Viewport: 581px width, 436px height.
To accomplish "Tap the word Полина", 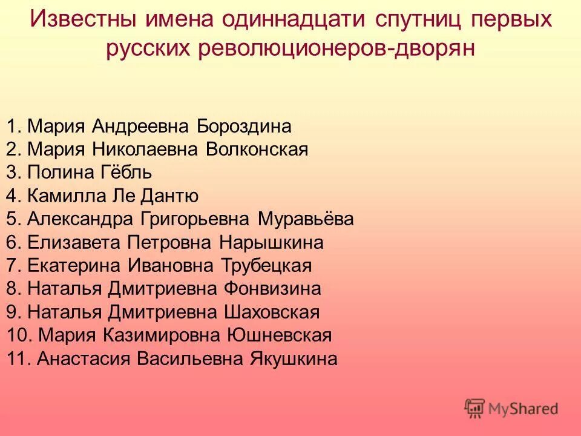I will pos(60,173).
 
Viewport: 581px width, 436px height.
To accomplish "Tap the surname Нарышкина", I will pos(271,243).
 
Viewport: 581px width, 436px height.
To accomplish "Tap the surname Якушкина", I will pos(294,358).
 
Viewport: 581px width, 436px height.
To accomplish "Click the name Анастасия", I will pos(84,358).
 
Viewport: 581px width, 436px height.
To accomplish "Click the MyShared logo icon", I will pos(475,409).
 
